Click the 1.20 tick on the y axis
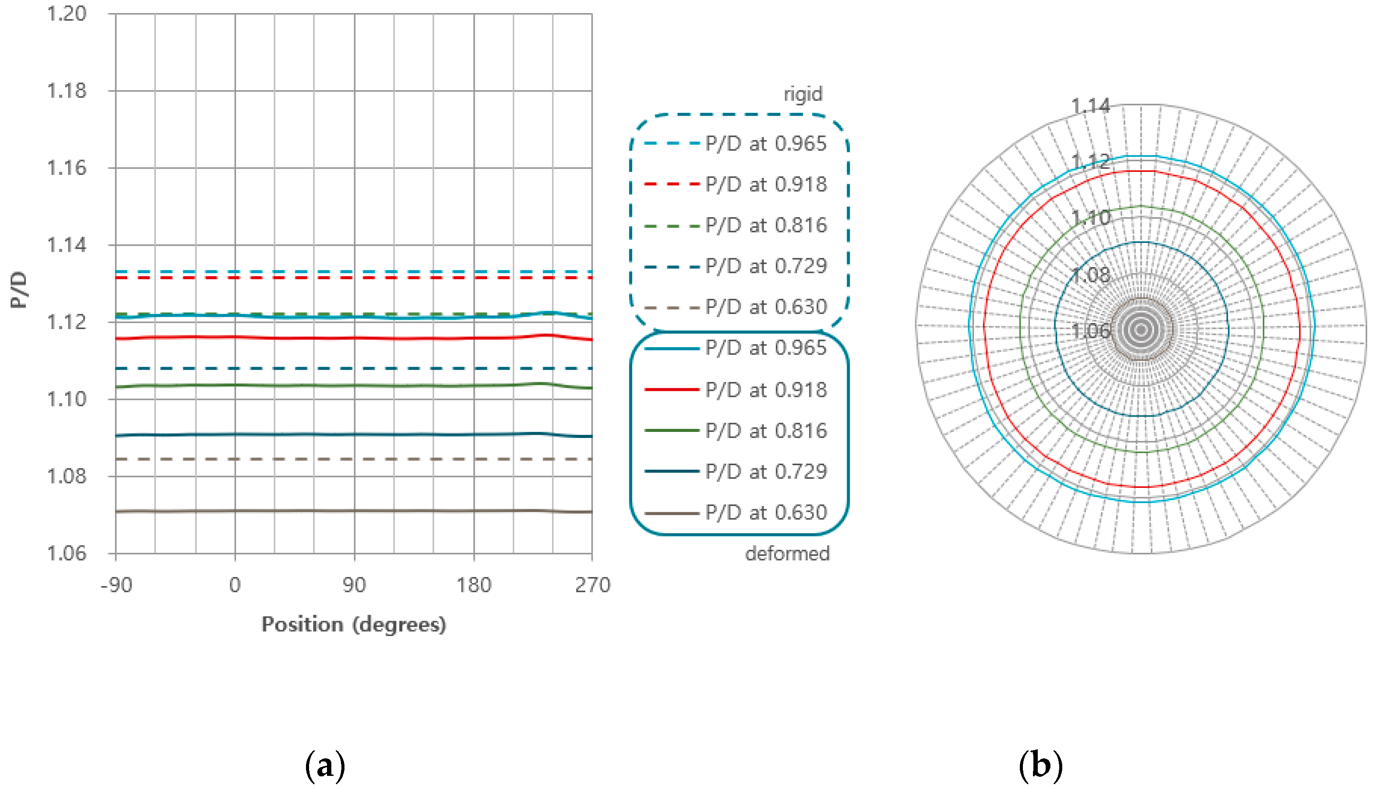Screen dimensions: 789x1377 (66, 14)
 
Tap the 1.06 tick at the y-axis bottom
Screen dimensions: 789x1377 (66, 554)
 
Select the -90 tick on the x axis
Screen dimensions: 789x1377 (116, 585)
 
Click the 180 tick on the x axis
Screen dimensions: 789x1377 (473, 585)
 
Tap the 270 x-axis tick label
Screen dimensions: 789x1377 (592, 585)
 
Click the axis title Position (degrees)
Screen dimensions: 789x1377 (354, 624)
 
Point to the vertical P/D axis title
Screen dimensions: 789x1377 (19, 290)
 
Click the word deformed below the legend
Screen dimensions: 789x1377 (787, 554)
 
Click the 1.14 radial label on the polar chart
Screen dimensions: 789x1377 (1090, 106)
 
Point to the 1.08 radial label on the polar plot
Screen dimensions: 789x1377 (1090, 275)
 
